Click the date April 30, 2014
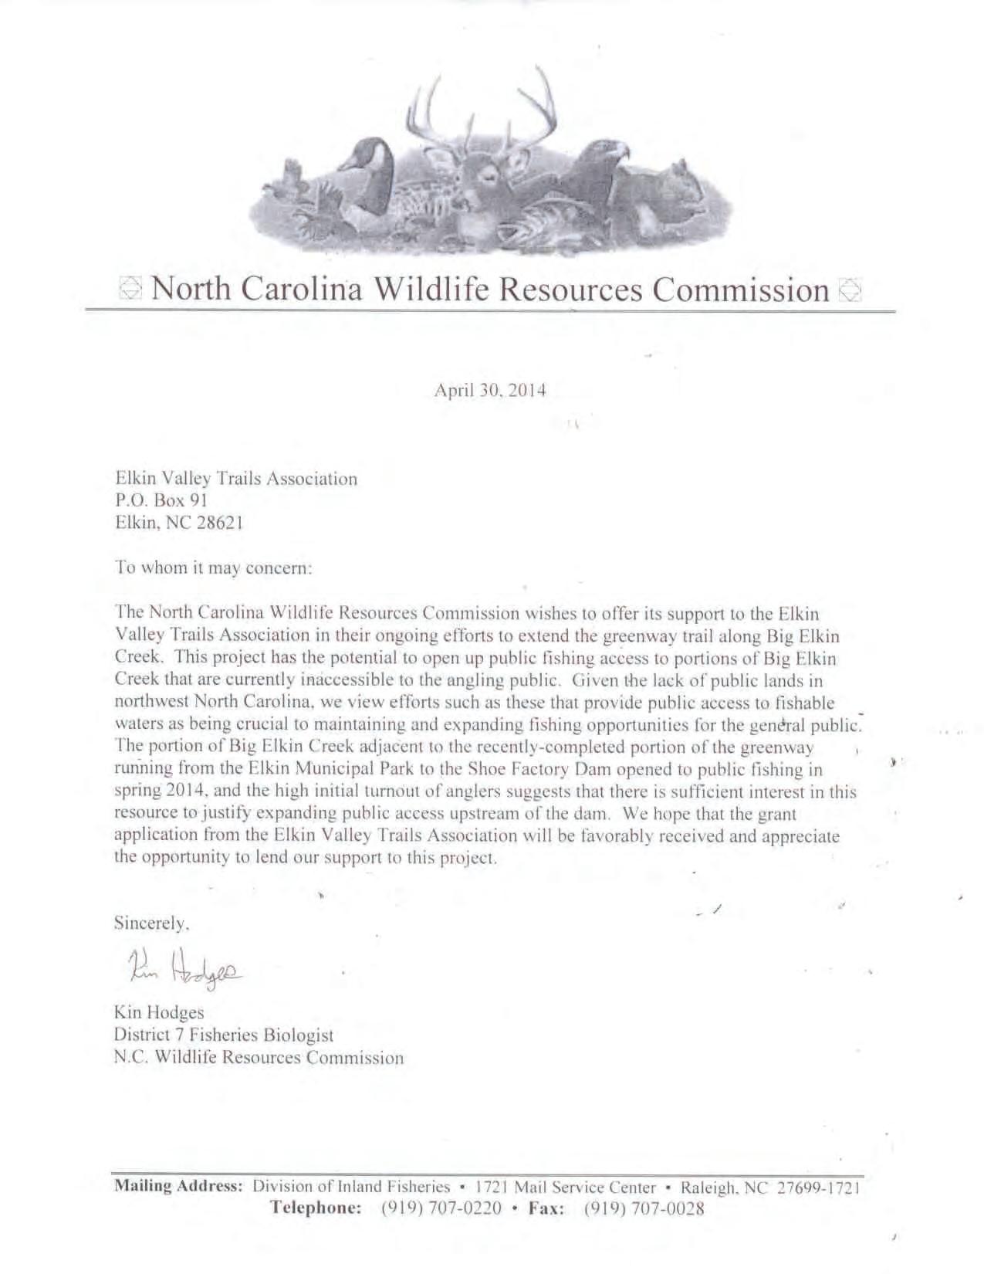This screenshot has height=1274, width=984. pos(490,391)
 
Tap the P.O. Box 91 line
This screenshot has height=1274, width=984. pos(161,500)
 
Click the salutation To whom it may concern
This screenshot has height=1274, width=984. pos(213,568)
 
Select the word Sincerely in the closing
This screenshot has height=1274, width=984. pos(151,923)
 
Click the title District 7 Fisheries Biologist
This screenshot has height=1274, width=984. pos(224,1035)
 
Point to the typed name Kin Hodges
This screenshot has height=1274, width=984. pos(159,1012)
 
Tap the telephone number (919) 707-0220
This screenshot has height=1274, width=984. pos(441,1209)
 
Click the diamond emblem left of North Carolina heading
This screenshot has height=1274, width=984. pos(131,290)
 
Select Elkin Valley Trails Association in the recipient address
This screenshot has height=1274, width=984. pos(236,479)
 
